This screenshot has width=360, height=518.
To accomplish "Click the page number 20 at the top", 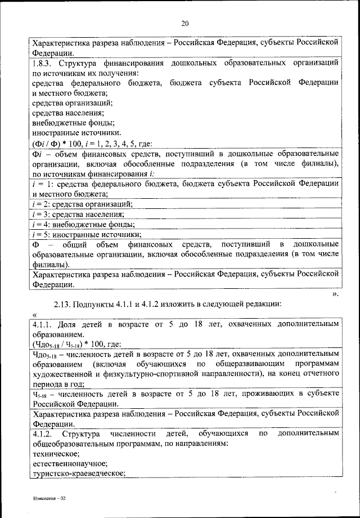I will [185, 23].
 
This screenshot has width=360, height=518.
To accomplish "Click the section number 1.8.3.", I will [43, 63].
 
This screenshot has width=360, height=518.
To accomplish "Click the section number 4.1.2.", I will [43, 434].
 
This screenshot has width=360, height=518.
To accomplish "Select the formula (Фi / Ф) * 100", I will [58, 142].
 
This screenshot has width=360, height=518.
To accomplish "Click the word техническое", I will [56, 454].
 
